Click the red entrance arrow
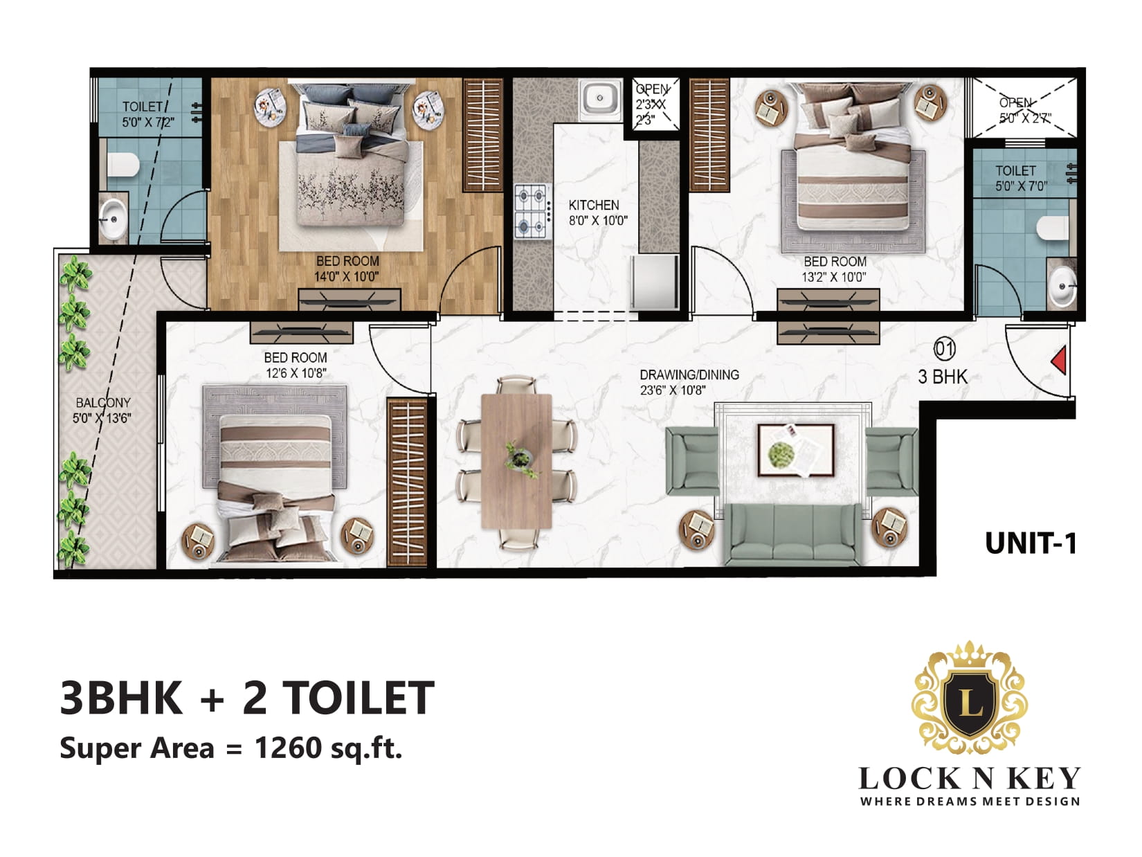pyautogui.click(x=1060, y=360)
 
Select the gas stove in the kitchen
pyautogui.click(x=532, y=213)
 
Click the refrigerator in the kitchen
pyautogui.click(x=655, y=282)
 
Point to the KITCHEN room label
pyautogui.click(x=594, y=205)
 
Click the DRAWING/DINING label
pyautogui.click(x=689, y=375)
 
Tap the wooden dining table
pyautogui.click(x=516, y=461)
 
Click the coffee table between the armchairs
pyautogui.click(x=796, y=450)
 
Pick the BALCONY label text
pyautogui.click(x=103, y=403)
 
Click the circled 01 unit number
pyautogui.click(x=944, y=349)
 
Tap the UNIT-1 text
pyautogui.click(x=1031, y=543)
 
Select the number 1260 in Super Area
pyautogui.click(x=288, y=748)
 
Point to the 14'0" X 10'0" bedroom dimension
pyautogui.click(x=346, y=277)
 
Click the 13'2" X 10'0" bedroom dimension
pyautogui.click(x=834, y=278)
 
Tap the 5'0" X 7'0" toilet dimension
pyautogui.click(x=1022, y=186)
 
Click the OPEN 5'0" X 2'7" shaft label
pyautogui.click(x=1024, y=110)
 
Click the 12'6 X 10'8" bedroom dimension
pyautogui.click(x=296, y=373)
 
